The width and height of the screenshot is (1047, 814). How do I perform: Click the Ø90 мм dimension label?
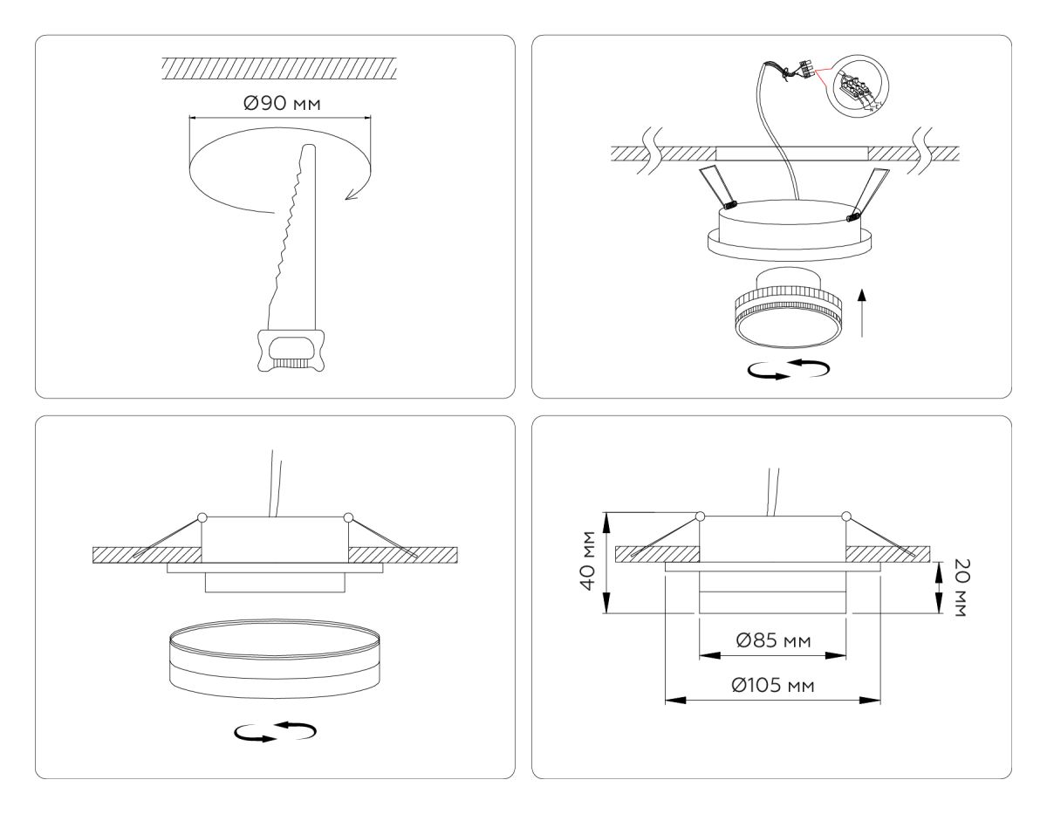pyautogui.click(x=280, y=104)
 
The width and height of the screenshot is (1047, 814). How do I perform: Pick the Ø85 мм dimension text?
pyautogui.click(x=773, y=641)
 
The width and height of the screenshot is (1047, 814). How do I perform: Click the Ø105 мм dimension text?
pyautogui.click(x=772, y=685)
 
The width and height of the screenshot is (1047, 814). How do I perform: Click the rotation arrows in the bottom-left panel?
pyautogui.click(x=274, y=732)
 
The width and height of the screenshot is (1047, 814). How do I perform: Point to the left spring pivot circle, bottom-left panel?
pyautogui.click(x=202, y=517)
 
